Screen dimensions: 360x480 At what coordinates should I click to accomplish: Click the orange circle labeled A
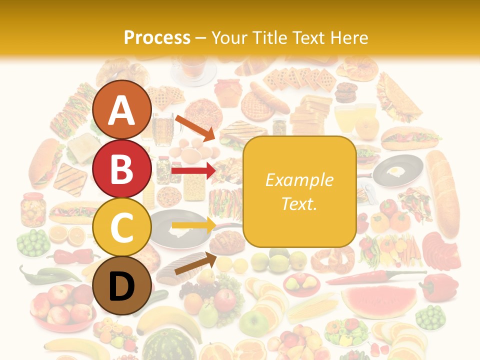[121, 110]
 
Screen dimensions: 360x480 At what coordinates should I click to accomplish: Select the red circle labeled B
[121, 169]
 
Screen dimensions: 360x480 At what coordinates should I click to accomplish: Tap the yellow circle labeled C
[121, 227]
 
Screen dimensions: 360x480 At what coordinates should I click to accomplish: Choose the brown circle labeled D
[121, 286]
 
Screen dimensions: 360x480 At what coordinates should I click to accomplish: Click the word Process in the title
[157, 37]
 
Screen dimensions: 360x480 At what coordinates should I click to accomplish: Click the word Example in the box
[299, 180]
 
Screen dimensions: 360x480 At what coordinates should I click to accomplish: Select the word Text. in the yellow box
[299, 203]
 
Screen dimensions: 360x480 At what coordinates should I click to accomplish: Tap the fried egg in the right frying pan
[395, 171]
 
